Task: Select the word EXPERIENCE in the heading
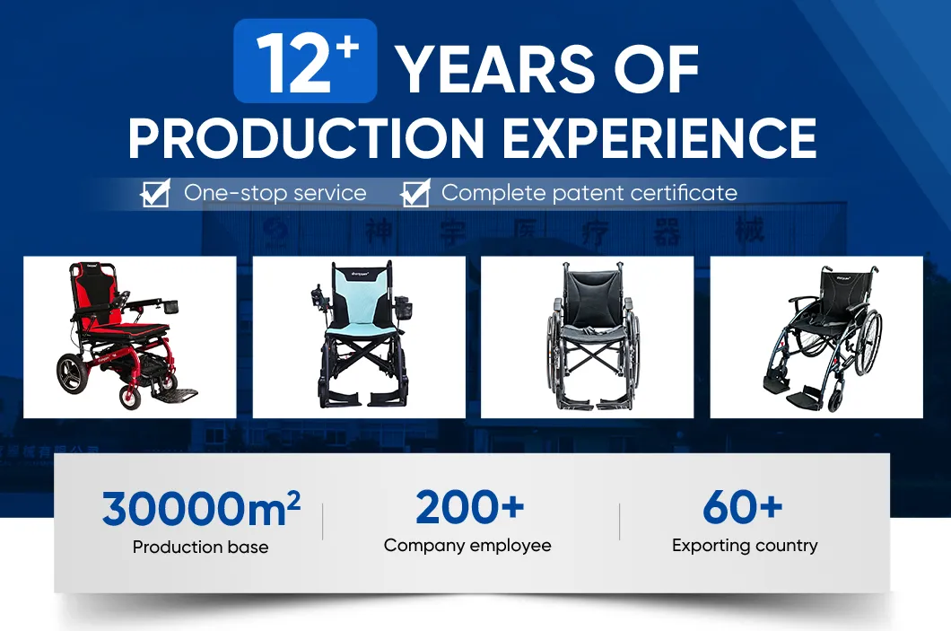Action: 659,136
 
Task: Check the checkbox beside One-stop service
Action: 156,193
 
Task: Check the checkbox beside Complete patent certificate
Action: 414,193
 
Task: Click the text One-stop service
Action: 275,193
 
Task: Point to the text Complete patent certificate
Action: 589,193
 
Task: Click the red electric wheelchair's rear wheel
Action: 73,374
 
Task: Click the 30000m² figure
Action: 201,508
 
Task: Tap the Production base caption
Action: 200,547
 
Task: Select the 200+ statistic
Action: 469,507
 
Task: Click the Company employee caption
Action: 467,545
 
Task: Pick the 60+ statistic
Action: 743,507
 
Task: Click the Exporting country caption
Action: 745,545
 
